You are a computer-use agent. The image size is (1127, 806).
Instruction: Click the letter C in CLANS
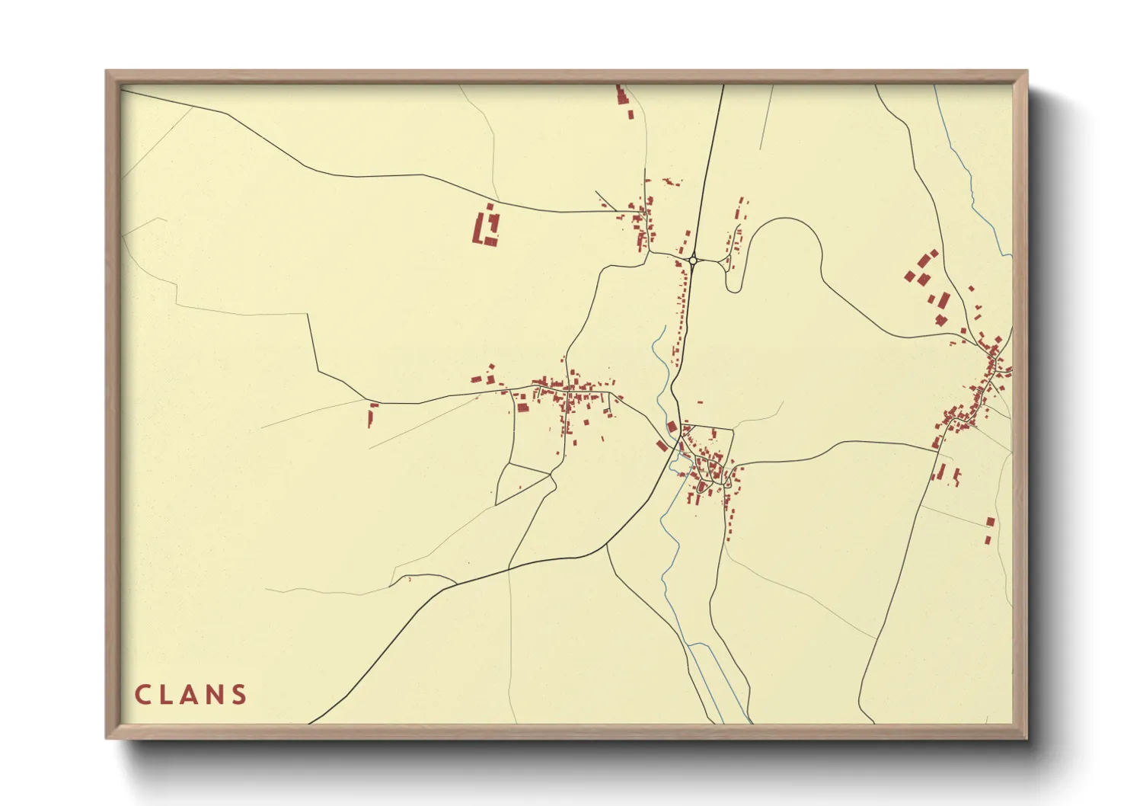tap(142, 695)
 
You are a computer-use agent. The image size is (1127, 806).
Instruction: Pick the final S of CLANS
tap(240, 695)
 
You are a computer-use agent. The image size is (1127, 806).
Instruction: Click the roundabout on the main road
tap(693, 261)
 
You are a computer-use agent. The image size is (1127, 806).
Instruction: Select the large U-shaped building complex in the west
tap(486, 227)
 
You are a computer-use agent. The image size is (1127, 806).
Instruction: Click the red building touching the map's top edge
tap(621, 95)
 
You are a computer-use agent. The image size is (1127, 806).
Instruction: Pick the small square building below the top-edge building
tap(631, 114)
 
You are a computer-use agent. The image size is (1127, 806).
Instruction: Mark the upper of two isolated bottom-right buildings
tap(991, 522)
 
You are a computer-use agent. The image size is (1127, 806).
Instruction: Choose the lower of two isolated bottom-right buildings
tap(988, 540)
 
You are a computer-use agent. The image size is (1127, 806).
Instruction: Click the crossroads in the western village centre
tap(567, 392)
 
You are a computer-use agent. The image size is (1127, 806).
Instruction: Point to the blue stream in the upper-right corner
tap(972, 183)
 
